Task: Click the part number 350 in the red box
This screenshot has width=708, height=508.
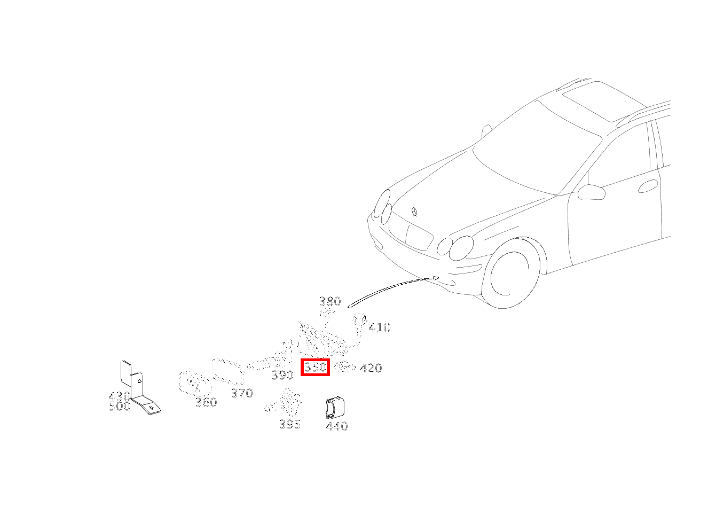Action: coord(315,367)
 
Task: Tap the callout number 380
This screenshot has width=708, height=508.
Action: coord(330,301)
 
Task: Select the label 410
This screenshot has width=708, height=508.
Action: coord(380,327)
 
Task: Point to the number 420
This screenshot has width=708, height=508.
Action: coord(371,368)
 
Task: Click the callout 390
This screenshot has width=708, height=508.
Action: coord(282,375)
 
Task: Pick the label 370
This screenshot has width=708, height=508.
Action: coord(242,393)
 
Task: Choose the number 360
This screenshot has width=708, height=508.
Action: coord(206,402)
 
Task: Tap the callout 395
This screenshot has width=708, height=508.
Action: coord(290,424)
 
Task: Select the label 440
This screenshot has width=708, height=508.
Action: coord(337,426)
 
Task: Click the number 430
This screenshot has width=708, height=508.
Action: coord(119,396)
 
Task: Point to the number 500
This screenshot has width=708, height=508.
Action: coord(120,406)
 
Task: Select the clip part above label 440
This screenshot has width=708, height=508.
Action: coord(335,408)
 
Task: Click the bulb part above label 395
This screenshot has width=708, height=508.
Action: coord(284,402)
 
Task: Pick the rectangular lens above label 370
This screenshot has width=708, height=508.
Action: coord(228,371)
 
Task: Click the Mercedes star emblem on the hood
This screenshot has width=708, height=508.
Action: coord(414,212)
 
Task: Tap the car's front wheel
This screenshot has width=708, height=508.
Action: coord(509,273)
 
